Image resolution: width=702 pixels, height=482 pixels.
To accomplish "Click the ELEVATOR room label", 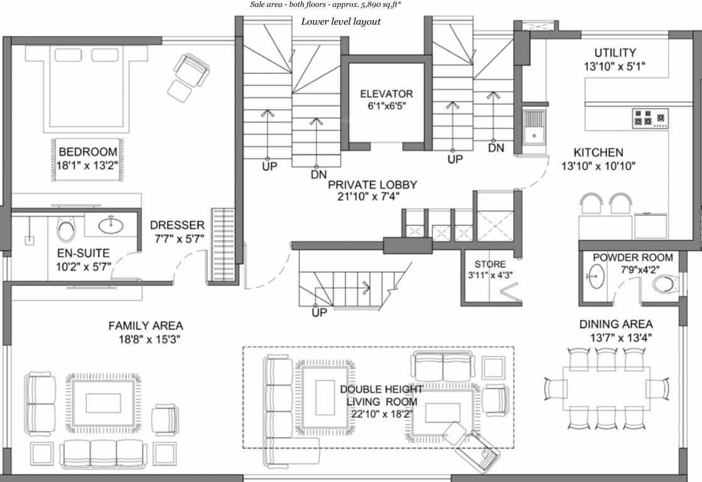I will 386,94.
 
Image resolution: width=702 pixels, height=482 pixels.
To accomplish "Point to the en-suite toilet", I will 65,230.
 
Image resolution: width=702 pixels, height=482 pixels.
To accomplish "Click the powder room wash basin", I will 595,276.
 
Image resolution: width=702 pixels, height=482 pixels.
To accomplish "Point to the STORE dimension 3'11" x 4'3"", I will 490,275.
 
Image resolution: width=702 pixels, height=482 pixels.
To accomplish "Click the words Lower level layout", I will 341,22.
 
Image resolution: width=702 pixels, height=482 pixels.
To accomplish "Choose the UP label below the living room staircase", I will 319,313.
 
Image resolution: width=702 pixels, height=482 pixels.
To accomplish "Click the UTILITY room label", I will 615,53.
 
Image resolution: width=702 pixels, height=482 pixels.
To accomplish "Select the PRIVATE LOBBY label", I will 372,185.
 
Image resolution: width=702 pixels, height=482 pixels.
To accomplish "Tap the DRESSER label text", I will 177,225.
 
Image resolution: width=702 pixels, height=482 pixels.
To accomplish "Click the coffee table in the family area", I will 102,401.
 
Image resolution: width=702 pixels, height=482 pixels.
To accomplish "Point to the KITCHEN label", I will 598,153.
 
